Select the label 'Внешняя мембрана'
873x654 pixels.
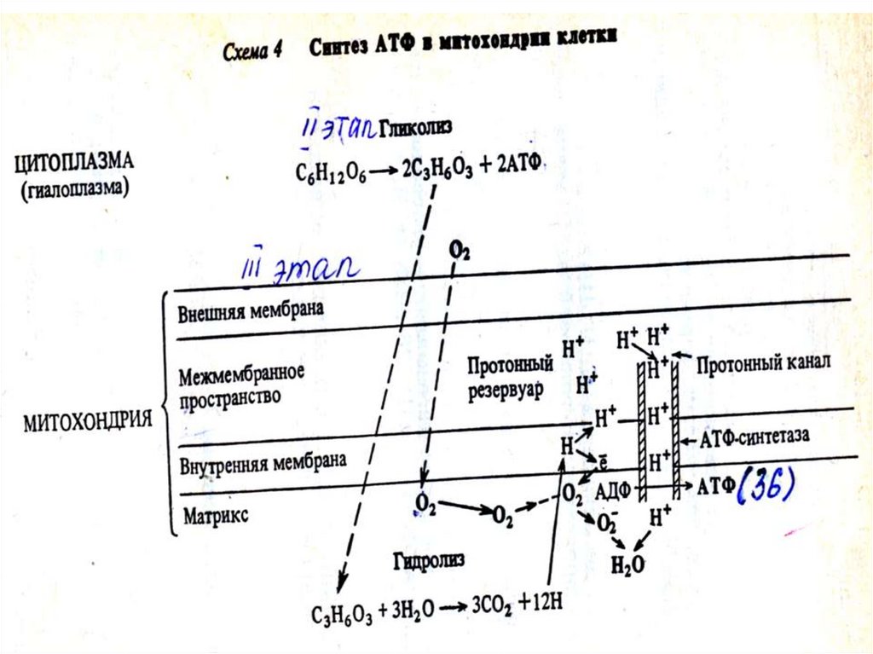point(251,310)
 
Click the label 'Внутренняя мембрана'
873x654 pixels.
point(263,463)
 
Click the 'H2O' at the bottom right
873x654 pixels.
point(628,564)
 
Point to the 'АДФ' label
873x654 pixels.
point(611,491)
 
